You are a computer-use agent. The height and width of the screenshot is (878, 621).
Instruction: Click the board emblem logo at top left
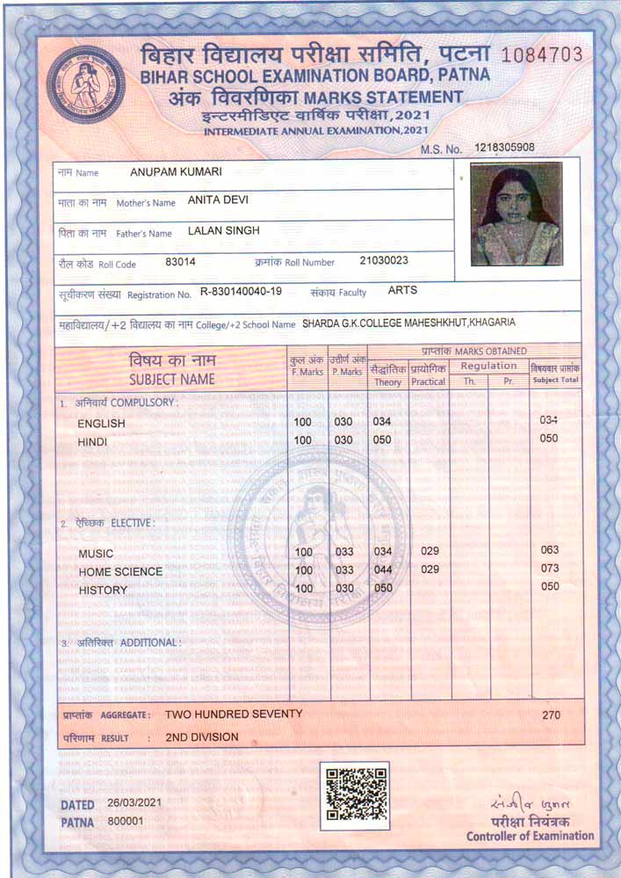(86, 83)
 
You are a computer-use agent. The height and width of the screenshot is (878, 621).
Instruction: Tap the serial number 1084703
(542, 54)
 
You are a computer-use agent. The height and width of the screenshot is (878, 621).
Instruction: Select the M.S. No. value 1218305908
(504, 148)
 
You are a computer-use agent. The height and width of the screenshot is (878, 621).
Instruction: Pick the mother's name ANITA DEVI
(218, 200)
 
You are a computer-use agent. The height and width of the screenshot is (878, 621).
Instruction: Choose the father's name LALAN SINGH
(224, 231)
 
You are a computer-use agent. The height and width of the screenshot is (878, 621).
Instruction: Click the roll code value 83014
(180, 262)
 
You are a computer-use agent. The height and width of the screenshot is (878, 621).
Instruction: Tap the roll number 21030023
(384, 261)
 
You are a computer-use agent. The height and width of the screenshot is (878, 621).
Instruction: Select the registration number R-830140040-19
(241, 292)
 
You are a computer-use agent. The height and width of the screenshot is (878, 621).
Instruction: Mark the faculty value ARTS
(402, 290)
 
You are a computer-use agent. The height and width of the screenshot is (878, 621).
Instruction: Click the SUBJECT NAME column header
(171, 380)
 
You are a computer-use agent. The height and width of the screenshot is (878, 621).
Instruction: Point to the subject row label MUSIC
(97, 554)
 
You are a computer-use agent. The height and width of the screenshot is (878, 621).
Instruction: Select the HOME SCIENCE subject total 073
(550, 569)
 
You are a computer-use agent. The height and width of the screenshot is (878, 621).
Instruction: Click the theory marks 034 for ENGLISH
(381, 422)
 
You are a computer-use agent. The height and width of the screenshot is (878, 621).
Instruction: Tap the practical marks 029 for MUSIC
(430, 551)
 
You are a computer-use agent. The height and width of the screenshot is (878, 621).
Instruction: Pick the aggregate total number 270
(551, 715)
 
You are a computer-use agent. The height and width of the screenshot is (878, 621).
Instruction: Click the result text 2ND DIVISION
(202, 737)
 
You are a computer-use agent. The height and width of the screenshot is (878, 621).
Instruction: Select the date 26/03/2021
(134, 803)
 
